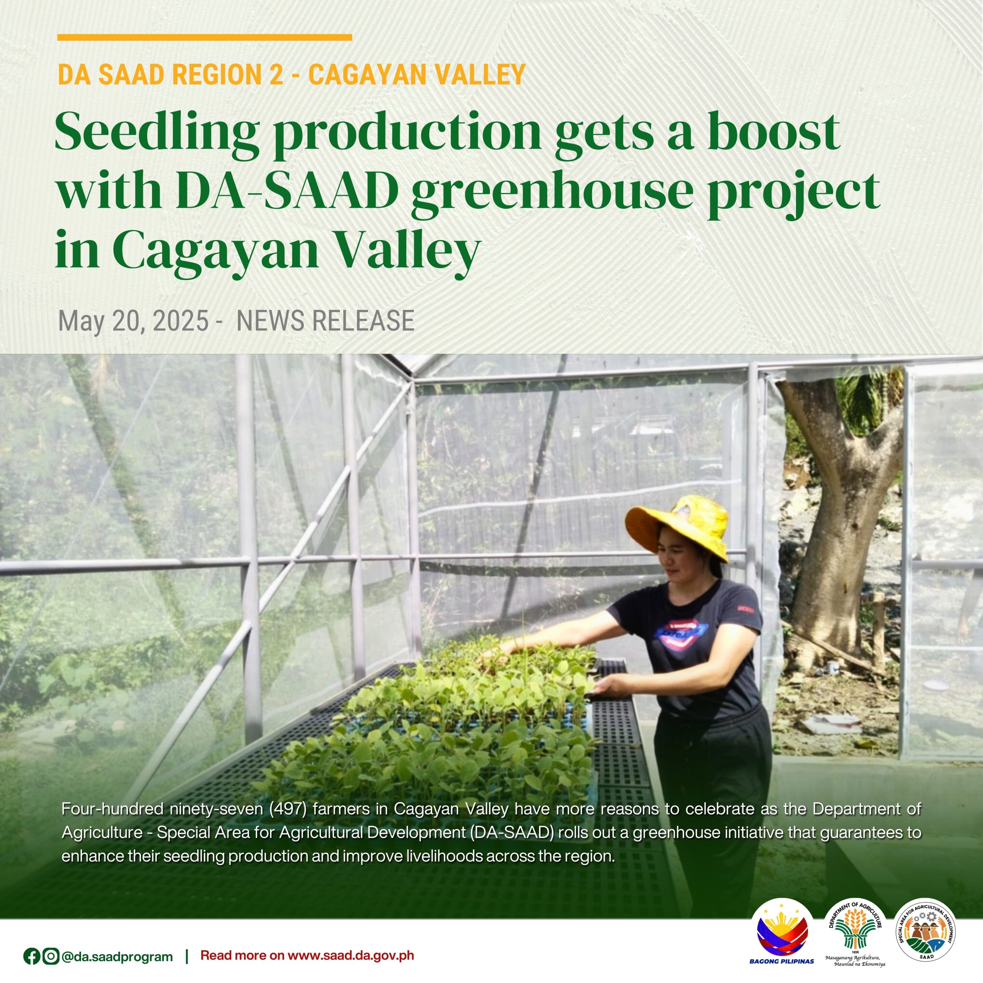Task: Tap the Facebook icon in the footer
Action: pos(31,957)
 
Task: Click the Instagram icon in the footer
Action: pos(50,957)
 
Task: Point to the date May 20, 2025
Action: pos(133,321)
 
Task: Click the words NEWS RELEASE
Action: pos(326,321)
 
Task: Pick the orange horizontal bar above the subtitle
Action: pos(205,37)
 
